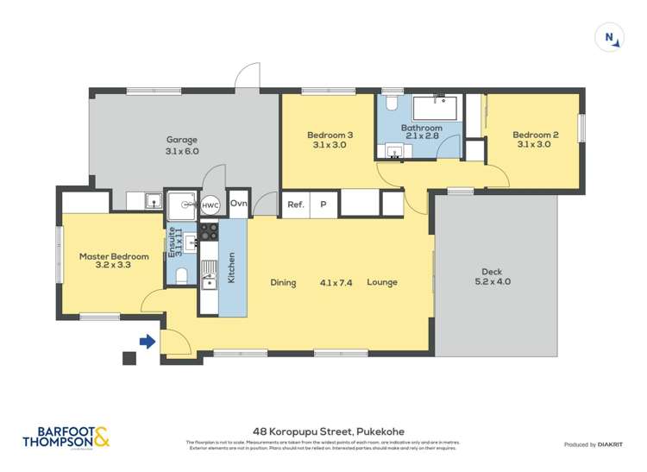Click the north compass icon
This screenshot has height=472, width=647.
tap(610, 37)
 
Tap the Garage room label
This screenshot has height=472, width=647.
tap(182, 140)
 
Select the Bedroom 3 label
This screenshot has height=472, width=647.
tap(330, 135)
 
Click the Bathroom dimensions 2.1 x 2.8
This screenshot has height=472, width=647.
tap(421, 136)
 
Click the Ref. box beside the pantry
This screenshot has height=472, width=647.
tap(296, 205)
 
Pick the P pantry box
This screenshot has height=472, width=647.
tap(323, 205)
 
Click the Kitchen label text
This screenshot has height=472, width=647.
tap(231, 267)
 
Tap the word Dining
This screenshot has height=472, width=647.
tap(283, 282)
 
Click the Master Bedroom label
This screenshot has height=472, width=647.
tap(114, 256)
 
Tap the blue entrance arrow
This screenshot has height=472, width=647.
tap(148, 342)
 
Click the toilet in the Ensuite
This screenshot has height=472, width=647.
tap(180, 276)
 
